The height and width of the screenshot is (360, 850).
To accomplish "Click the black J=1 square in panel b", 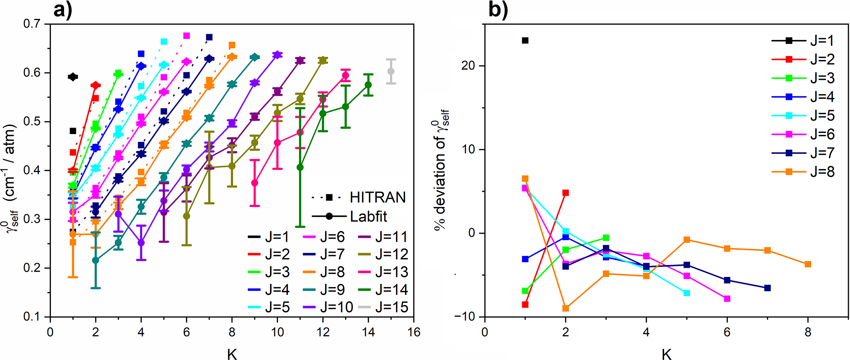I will (525, 40).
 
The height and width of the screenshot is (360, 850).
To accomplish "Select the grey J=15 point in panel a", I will (391, 72).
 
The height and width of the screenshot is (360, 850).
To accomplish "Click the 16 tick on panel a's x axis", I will (413, 332).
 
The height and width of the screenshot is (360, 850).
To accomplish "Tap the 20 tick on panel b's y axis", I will (469, 66).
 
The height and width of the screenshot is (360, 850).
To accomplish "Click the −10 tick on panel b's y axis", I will (465, 317).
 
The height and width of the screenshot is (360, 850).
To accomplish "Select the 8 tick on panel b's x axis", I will (808, 332).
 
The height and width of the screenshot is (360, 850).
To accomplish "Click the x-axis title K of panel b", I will (667, 353).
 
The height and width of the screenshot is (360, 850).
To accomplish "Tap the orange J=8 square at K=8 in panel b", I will (808, 264).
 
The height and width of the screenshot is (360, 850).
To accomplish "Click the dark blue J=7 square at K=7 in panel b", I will (767, 288).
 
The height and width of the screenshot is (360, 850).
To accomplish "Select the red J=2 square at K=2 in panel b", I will (566, 193).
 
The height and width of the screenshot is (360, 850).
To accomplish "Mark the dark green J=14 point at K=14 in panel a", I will (368, 85).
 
